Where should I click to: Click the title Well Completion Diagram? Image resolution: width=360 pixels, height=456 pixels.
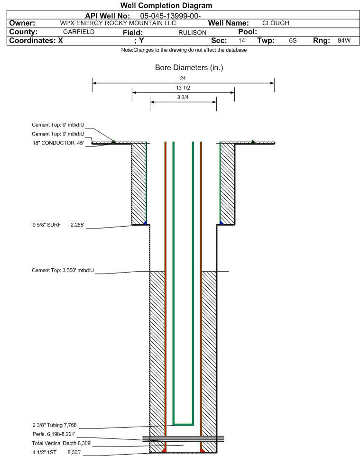166,6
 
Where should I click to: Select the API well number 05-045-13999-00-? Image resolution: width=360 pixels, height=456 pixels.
171,16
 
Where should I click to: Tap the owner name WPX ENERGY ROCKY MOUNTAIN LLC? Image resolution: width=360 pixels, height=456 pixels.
118,23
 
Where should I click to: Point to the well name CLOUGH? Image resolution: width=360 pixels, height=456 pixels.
276,23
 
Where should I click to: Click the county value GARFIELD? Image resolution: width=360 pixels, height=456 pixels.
79,32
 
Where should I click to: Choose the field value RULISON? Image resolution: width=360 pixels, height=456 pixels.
193,32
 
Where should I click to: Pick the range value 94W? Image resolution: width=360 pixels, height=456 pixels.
344,40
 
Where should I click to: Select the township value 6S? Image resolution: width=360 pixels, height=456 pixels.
293,40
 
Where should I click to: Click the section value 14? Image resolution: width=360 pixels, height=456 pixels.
241,40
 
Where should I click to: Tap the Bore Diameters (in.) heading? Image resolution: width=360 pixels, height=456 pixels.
189,67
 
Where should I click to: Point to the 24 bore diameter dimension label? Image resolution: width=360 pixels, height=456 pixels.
183,78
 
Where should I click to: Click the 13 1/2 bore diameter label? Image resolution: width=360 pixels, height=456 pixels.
183,88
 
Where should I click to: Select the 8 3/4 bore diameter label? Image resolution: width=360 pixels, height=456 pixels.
183,98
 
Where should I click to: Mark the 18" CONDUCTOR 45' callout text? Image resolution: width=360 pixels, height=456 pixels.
58,143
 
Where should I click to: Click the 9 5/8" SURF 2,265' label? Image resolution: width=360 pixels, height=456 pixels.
58,225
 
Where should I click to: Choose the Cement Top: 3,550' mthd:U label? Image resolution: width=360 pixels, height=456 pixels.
63,271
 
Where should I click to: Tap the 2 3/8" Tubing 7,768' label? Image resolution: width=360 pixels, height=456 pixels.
55,425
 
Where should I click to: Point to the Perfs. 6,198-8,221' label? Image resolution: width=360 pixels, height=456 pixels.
54,434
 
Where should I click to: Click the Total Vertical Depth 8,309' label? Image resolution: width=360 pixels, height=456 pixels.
62,443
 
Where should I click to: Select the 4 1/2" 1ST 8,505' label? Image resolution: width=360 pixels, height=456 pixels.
57,452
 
